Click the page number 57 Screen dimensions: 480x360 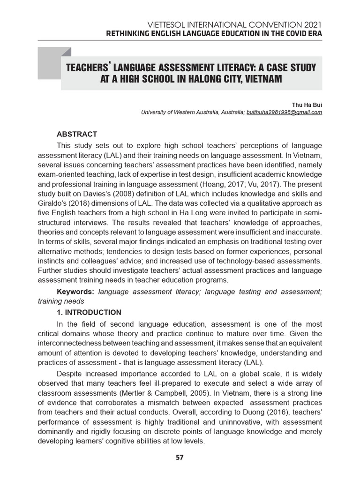(180, 457)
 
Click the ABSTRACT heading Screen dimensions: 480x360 (77, 134)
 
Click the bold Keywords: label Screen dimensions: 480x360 (75, 292)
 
